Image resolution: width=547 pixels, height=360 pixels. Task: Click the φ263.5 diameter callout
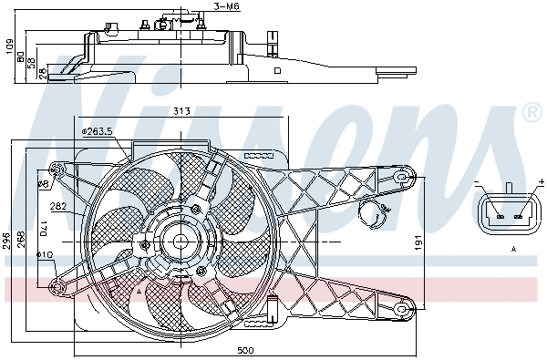click(x=97, y=131)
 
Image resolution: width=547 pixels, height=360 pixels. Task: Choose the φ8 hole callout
click(x=42, y=184)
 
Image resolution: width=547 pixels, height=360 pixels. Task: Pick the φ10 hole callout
click(x=44, y=254)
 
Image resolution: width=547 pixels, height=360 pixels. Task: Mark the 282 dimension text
click(x=57, y=205)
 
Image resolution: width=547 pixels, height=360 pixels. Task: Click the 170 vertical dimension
click(x=41, y=228)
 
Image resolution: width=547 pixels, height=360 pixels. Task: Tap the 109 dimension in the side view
click(x=8, y=46)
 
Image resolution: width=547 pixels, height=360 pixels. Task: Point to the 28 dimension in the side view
click(x=42, y=74)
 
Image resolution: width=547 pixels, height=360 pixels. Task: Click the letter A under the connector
click(x=513, y=248)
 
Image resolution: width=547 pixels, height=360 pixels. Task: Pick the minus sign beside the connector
click(x=477, y=184)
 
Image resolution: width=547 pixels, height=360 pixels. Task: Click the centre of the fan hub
click(x=180, y=242)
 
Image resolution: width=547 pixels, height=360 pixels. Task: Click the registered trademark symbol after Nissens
click(x=532, y=112)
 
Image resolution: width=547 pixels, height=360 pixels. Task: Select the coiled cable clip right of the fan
click(x=374, y=216)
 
